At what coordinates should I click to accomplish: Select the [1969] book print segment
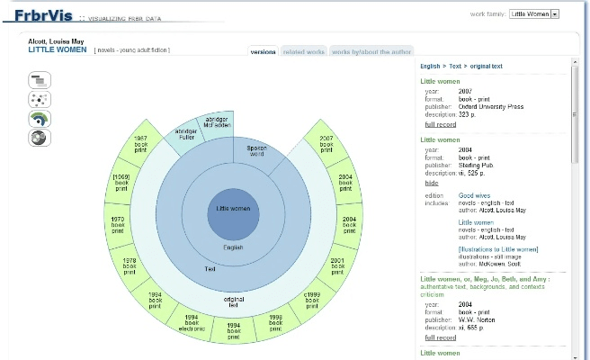(121, 182)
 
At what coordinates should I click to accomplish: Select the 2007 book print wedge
(326, 145)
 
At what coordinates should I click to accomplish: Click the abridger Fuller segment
(186, 135)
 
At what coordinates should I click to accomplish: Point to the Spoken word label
(256, 150)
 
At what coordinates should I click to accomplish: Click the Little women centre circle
(234, 208)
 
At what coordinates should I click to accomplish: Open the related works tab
(304, 52)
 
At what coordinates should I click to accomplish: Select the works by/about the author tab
(371, 52)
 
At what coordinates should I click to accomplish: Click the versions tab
(263, 52)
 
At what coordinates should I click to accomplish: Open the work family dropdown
(534, 13)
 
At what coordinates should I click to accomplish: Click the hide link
(432, 183)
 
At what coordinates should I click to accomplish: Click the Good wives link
(473, 195)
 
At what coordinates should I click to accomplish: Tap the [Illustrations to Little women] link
(498, 249)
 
